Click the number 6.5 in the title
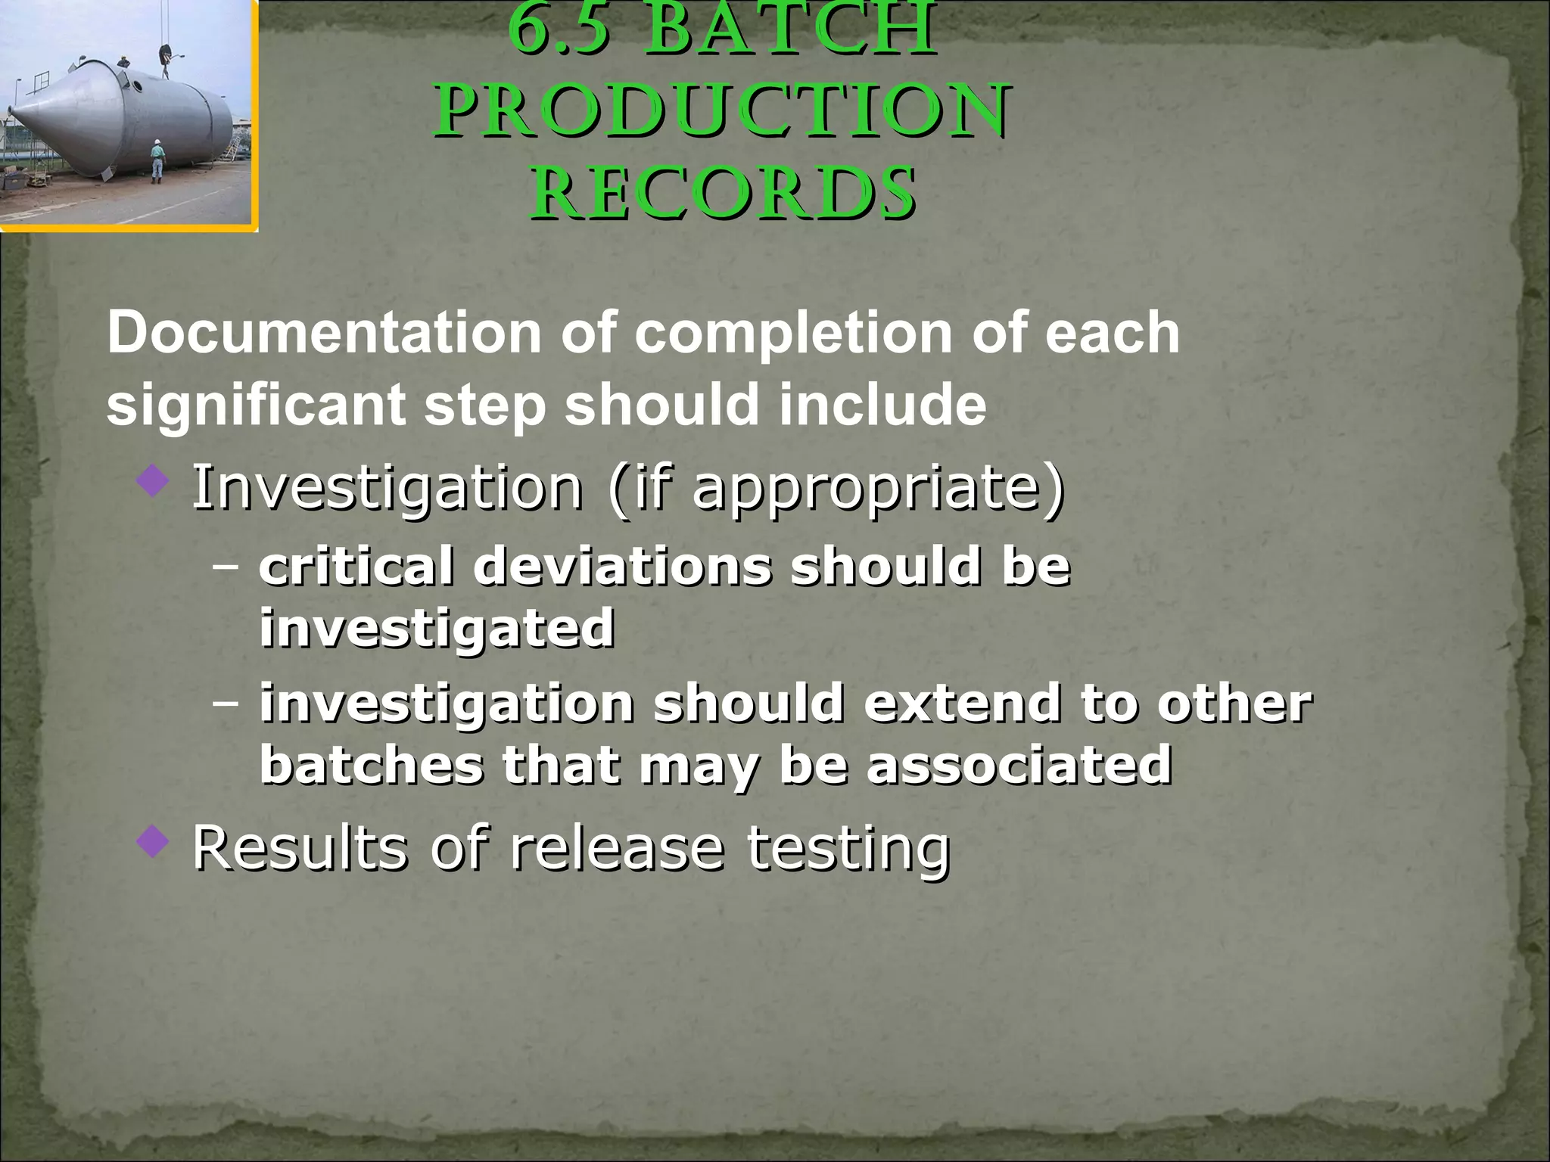click(561, 30)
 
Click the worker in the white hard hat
click(156, 160)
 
